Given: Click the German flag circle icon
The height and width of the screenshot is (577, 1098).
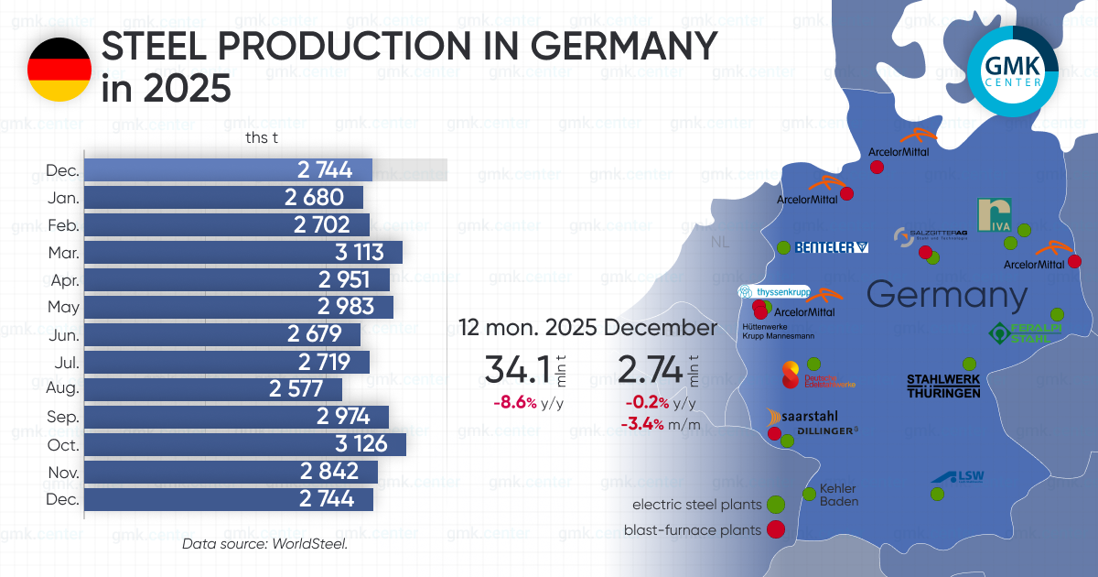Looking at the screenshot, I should pyautogui.click(x=59, y=69).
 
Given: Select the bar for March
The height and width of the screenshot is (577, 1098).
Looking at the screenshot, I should pyautogui.click(x=242, y=253).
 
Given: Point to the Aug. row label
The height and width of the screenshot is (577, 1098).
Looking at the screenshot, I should pyautogui.click(x=63, y=389).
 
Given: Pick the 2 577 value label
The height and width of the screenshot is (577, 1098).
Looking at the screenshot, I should pyautogui.click(x=296, y=389).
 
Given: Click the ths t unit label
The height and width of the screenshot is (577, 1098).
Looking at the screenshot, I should pyautogui.click(x=262, y=138).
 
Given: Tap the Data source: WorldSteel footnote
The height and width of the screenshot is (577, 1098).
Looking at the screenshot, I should pyautogui.click(x=264, y=544).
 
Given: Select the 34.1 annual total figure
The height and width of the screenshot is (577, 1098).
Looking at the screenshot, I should pyautogui.click(x=518, y=370).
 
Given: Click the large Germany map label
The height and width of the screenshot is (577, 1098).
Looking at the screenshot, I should pyautogui.click(x=946, y=295).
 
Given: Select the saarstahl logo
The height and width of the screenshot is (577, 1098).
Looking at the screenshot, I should pyautogui.click(x=804, y=416).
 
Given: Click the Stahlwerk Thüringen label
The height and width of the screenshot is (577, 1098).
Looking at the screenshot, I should pyautogui.click(x=943, y=386).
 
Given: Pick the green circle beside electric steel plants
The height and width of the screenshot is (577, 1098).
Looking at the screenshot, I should pyautogui.click(x=776, y=504).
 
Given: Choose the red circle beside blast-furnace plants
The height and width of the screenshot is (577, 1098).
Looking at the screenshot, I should pyautogui.click(x=776, y=529).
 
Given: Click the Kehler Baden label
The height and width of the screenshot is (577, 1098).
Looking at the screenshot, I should pyautogui.click(x=838, y=495).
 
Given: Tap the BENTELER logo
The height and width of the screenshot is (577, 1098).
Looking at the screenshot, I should pyautogui.click(x=831, y=247).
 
